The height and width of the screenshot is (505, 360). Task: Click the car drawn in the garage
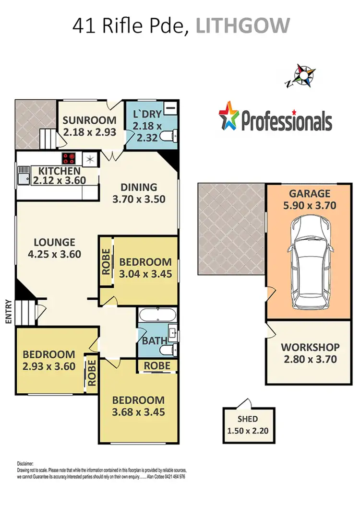click(x=309, y=261)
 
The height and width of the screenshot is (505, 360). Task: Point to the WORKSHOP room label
click(x=310, y=347)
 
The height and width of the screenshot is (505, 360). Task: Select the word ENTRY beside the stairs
click(x=8, y=312)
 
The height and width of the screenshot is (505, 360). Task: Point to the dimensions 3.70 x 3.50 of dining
click(x=139, y=199)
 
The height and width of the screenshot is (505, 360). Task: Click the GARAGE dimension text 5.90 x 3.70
click(x=310, y=206)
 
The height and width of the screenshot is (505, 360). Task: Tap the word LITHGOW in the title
click(x=242, y=26)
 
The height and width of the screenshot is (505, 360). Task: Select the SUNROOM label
click(x=89, y=120)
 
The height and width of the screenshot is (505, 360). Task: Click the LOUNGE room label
click(x=54, y=242)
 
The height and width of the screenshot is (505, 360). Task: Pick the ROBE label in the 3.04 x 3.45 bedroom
click(x=106, y=262)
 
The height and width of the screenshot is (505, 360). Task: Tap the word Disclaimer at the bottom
click(x=25, y=464)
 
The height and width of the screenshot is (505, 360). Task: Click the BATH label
click(x=155, y=341)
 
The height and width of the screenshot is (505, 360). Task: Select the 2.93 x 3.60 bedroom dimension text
click(x=49, y=367)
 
